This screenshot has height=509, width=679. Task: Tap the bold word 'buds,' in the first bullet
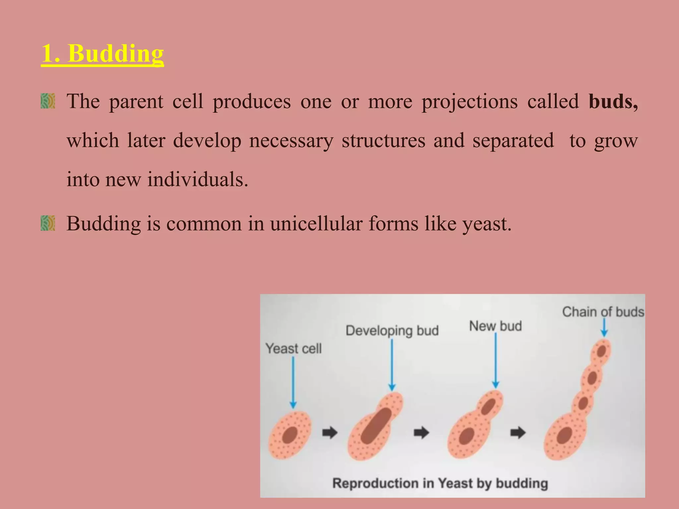pyautogui.click(x=613, y=101)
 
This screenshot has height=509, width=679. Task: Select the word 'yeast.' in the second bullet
pyautogui.click(x=487, y=224)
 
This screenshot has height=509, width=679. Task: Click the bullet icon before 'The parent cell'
pyautogui.click(x=48, y=101)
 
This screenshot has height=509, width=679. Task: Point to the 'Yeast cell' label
pyautogui.click(x=293, y=349)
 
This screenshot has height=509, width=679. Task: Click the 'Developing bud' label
pyautogui.click(x=392, y=330)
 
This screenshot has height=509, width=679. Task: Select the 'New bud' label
pyautogui.click(x=495, y=326)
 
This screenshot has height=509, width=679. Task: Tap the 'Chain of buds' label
pyautogui.click(x=603, y=312)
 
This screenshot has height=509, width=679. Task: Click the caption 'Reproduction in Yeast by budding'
pyautogui.click(x=440, y=483)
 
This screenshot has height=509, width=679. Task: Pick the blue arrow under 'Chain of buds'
pyautogui.click(x=604, y=327)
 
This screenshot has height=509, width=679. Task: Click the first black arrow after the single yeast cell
pyautogui.click(x=330, y=432)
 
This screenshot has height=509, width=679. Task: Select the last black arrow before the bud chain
pyautogui.click(x=518, y=432)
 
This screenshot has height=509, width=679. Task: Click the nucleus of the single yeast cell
pyautogui.click(x=290, y=435)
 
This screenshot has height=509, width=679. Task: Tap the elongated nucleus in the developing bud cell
pyautogui.click(x=376, y=426)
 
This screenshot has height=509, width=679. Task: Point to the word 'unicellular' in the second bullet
pyautogui.click(x=316, y=224)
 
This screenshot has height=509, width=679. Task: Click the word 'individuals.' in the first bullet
pyautogui.click(x=198, y=180)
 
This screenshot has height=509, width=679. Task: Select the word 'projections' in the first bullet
pyautogui.click(x=469, y=101)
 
